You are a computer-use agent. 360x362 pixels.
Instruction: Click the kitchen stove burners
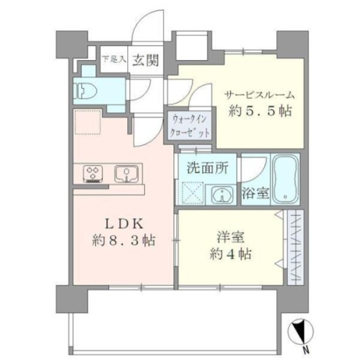click(93, 173)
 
